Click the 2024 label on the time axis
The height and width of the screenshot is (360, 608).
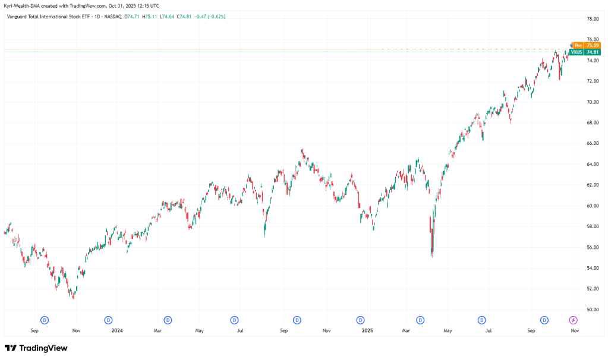coord(116,330)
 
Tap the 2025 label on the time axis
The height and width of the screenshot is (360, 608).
coord(368,330)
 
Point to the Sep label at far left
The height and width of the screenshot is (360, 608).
coord(34,330)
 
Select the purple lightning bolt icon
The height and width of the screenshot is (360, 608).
coord(573,320)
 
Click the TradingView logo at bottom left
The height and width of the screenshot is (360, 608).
coord(36,348)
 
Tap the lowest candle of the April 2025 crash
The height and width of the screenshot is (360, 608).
coord(431,254)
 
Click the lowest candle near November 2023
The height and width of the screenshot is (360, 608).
coord(73,296)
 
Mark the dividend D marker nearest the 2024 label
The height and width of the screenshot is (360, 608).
coord(108,320)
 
